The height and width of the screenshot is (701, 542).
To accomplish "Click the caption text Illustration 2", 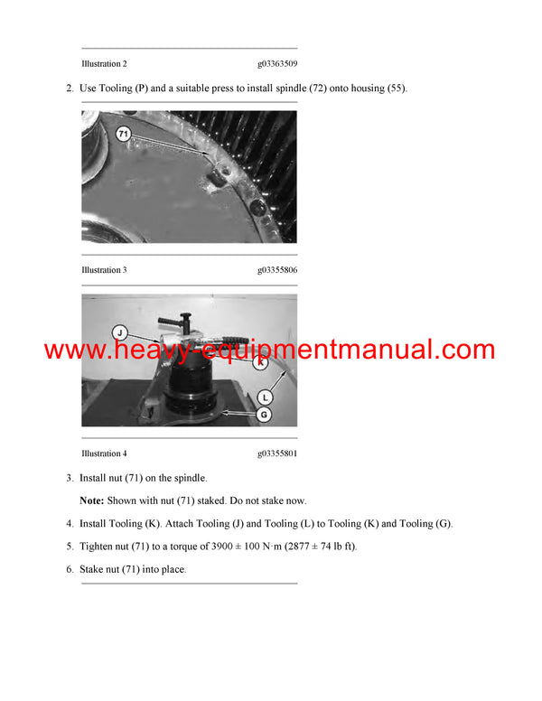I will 104,64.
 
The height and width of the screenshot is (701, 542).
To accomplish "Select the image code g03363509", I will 277,64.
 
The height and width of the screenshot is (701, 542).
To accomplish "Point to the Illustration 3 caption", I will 104,270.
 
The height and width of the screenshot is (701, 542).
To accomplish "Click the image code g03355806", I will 277,270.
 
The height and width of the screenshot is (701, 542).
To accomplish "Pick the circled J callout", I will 118,332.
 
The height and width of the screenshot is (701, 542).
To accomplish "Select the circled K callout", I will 261,362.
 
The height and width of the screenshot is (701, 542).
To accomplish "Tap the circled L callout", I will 265,396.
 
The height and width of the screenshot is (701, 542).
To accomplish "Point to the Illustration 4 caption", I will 104,453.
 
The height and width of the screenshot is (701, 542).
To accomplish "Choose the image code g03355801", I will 277,453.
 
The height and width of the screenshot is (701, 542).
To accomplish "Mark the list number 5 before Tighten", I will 70,547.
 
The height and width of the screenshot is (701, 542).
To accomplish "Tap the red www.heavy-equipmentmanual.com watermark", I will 269,350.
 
